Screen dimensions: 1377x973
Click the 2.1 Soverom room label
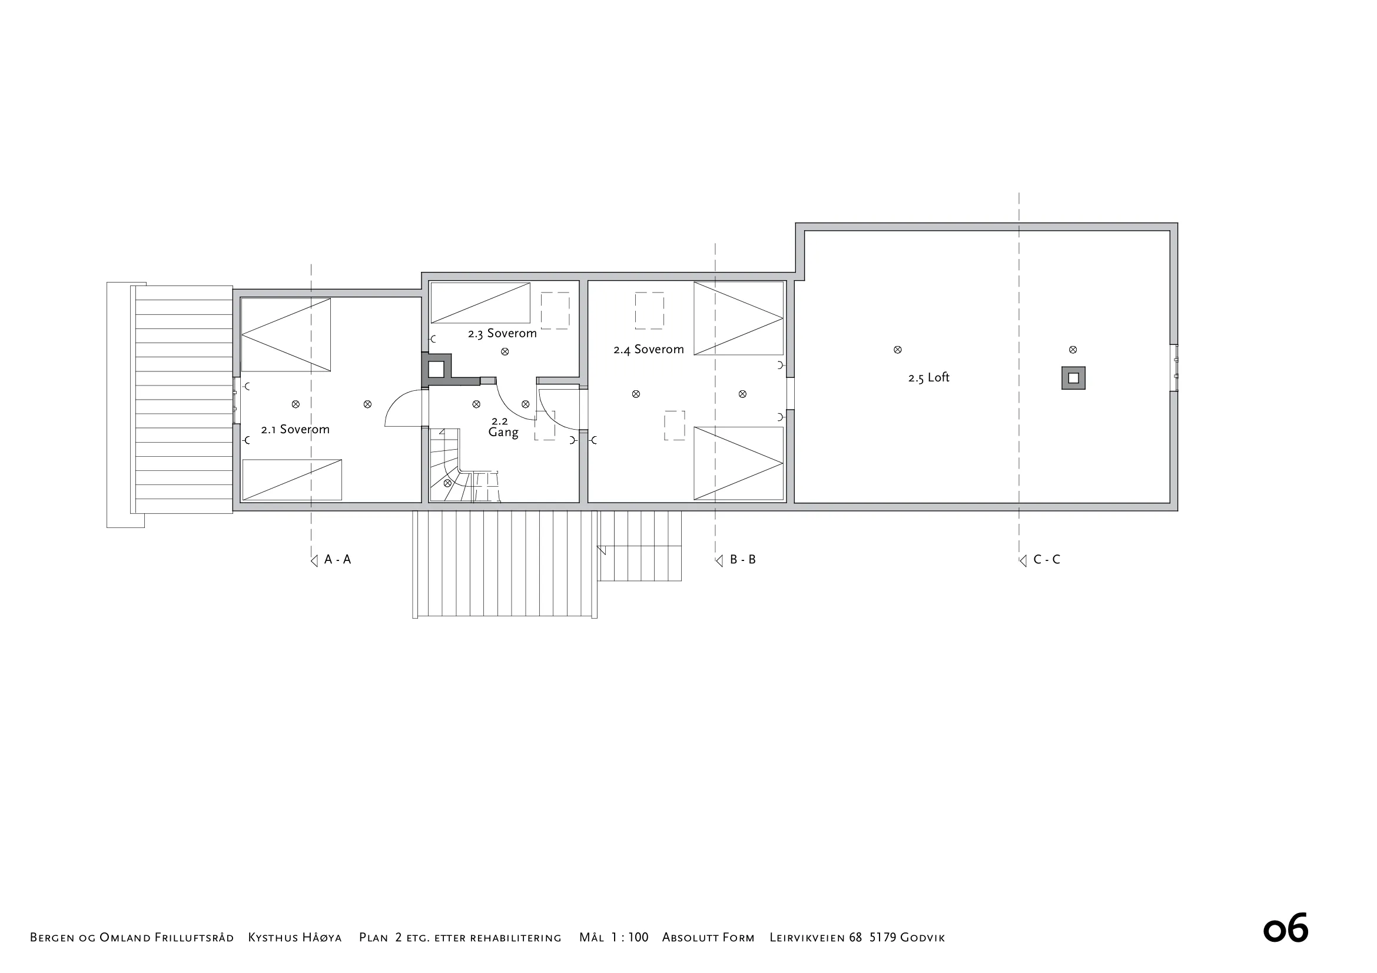click(x=295, y=429)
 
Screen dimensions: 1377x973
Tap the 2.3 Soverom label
click(x=503, y=333)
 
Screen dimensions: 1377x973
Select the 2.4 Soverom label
click(x=648, y=350)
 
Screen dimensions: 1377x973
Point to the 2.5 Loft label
click(x=929, y=378)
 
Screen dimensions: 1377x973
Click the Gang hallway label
click(x=503, y=432)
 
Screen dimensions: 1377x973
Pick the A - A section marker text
click(x=338, y=559)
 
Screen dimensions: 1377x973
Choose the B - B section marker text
click(x=743, y=559)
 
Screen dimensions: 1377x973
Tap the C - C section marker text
click(x=1047, y=559)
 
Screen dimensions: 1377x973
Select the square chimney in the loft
click(x=1074, y=378)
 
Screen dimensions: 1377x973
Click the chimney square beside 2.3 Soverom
click(x=436, y=368)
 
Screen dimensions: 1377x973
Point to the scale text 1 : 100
click(x=630, y=937)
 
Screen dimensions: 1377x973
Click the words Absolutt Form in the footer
click(x=708, y=937)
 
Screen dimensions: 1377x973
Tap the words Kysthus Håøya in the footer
click(x=295, y=937)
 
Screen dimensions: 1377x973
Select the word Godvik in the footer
click(x=923, y=937)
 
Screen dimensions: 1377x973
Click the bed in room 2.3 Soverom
click(x=480, y=303)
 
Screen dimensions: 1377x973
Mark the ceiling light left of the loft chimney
click(x=898, y=350)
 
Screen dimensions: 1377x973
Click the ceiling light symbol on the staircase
click(x=447, y=483)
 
